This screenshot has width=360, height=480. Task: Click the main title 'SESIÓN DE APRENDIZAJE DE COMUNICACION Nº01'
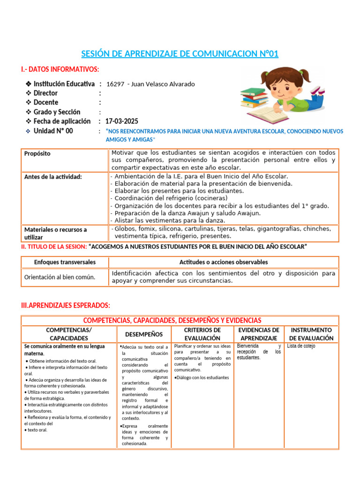(x=180, y=54)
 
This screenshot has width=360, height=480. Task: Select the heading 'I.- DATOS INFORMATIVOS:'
(x=60, y=69)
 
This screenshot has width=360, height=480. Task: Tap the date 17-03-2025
(x=121, y=121)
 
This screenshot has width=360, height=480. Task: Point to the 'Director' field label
(x=45, y=93)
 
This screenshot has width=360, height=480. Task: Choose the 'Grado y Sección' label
(x=57, y=112)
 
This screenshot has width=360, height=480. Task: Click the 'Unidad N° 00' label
(x=53, y=131)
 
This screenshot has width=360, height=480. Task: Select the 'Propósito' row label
(x=37, y=154)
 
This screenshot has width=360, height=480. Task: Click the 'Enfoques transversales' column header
(x=65, y=262)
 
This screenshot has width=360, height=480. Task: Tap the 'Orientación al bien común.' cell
(x=60, y=277)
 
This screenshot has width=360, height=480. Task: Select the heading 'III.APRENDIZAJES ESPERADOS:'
(x=66, y=306)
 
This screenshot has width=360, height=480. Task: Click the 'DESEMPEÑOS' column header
(x=144, y=334)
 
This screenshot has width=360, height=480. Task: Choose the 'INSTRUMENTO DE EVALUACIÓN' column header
(x=311, y=334)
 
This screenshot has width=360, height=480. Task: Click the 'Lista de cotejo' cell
(x=301, y=346)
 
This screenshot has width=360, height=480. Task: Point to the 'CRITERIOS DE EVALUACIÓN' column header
(x=202, y=334)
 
